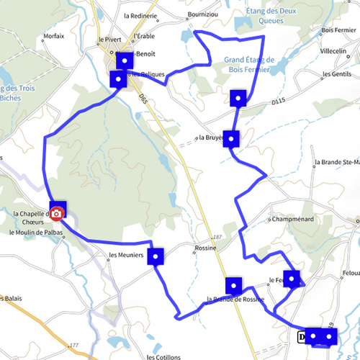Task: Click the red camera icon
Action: (x=57, y=214)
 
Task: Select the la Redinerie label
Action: (x=140, y=15)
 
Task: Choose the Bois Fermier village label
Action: (x=341, y=30)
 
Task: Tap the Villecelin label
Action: (x=335, y=52)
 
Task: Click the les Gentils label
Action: (x=338, y=74)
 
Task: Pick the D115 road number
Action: (x=279, y=102)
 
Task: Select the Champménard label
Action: (x=292, y=218)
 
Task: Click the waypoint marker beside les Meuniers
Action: (x=156, y=256)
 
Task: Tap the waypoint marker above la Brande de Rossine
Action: (x=233, y=284)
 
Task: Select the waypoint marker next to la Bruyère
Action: (x=231, y=138)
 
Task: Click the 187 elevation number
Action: (x=215, y=237)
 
